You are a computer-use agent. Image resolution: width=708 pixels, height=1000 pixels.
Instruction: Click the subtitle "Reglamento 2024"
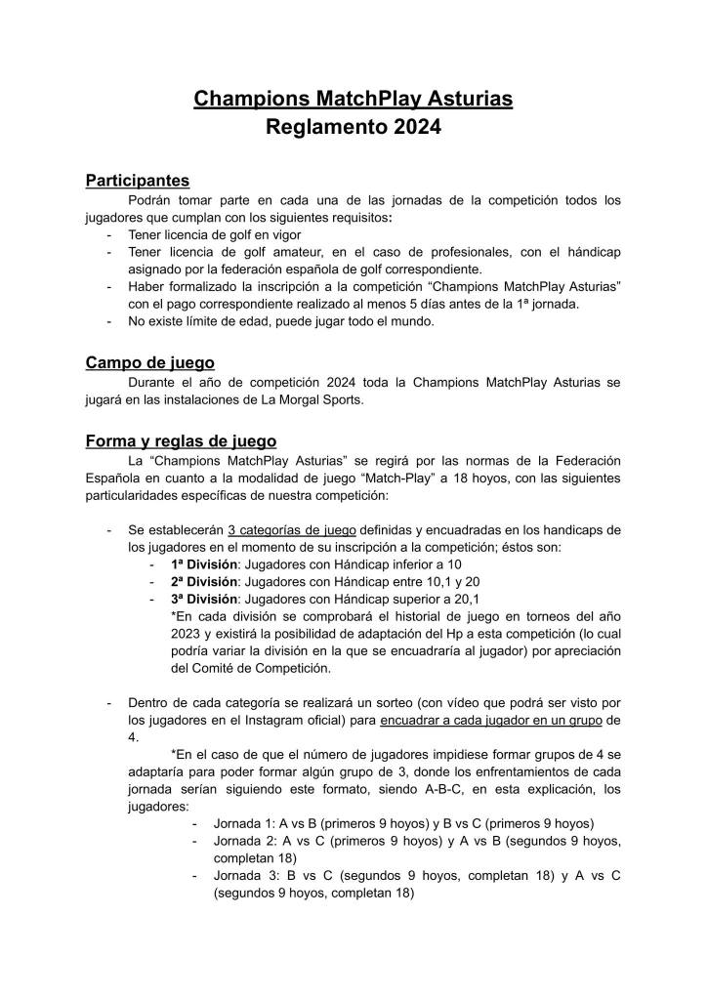click(x=354, y=127)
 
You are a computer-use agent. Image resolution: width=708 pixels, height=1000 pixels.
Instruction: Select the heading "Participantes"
click(x=137, y=181)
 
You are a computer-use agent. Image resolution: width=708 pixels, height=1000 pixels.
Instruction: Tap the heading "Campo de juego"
click(x=149, y=363)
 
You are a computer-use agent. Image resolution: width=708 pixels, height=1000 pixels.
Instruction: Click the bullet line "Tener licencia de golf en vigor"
click(x=215, y=235)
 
